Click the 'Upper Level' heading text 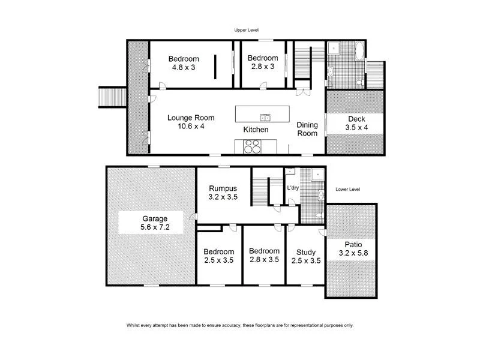[x=246, y=29]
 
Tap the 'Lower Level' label [x=347, y=189]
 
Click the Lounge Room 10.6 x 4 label [x=190, y=122]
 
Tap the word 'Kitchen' [x=256, y=130]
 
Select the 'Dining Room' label [x=307, y=129]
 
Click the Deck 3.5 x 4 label [x=356, y=123]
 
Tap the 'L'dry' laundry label [x=293, y=188]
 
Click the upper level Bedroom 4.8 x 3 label [x=183, y=62]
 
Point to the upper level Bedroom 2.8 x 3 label [x=263, y=62]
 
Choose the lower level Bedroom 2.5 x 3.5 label [x=218, y=256]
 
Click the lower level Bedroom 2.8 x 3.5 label [x=264, y=256]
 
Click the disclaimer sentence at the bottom [x=240, y=325]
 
